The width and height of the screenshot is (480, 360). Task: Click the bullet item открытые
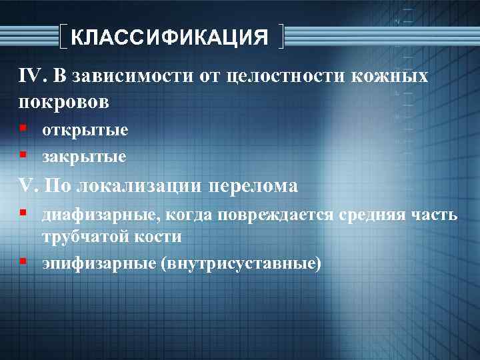click(x=85, y=131)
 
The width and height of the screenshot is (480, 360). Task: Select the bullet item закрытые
click(x=85, y=157)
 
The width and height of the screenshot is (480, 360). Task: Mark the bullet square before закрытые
click(x=23, y=155)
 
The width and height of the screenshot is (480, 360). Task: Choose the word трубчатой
click(x=86, y=237)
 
